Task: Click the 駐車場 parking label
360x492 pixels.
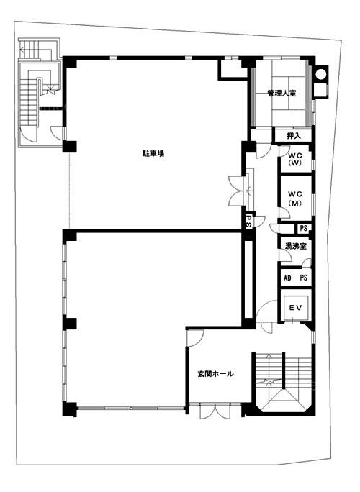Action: pos(152,154)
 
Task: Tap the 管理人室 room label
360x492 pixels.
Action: pos(282,94)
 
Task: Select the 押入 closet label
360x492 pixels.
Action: pos(294,136)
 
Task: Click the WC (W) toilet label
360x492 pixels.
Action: pos(294,159)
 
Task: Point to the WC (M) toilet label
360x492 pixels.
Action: pos(294,199)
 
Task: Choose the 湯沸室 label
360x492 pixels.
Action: pos(295,246)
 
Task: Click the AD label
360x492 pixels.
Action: pos(287,278)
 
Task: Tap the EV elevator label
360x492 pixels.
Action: pos(295,308)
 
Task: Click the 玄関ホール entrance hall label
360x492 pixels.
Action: pos(215,374)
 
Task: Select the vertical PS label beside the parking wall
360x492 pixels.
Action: pos(248,222)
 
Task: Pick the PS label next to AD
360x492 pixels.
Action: pos(303,278)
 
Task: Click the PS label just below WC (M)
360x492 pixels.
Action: pos(303,228)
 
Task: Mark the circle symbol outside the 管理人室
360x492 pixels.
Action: pos(320,74)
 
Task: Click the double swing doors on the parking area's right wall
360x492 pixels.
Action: pos(236,191)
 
